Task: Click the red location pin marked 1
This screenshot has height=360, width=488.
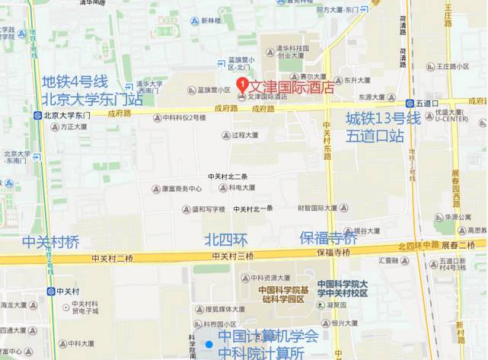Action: pos(241,84)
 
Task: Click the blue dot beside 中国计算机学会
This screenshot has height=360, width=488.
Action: pos(209,344)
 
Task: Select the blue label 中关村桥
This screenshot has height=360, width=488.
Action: pos(50,242)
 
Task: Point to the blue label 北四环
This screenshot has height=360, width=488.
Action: pos(226,240)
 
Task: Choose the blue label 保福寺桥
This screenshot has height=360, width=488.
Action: pos(328,238)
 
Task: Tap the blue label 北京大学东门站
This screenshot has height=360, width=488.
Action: pos(92,99)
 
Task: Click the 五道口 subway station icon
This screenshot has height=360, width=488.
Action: pos(410,103)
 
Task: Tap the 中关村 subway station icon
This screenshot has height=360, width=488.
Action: pos(51,291)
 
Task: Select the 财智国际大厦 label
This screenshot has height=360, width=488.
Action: pos(317,208)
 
